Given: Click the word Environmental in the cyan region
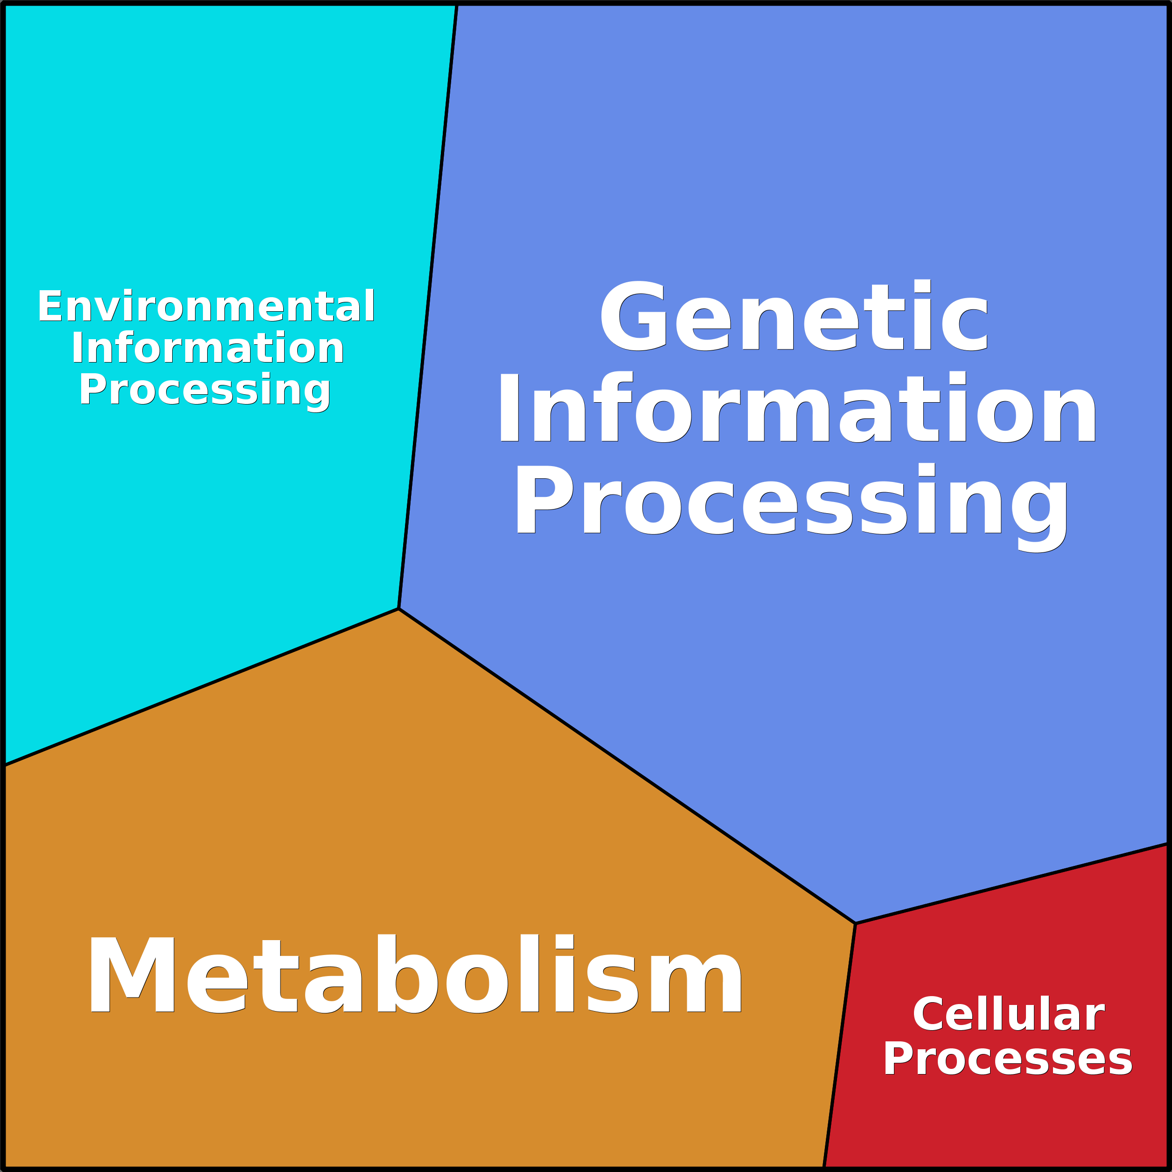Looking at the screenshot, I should [x=206, y=307].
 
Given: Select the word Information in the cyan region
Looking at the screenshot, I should [x=208, y=348].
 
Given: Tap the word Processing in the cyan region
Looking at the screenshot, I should [x=205, y=390].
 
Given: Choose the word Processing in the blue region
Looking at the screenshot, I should [x=792, y=499].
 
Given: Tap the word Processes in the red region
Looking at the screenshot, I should [x=1008, y=1059].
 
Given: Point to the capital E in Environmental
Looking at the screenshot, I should [x=50, y=307].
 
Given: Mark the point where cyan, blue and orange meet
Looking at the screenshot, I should [x=398, y=608].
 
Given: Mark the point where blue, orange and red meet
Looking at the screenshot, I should [x=855, y=924].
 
